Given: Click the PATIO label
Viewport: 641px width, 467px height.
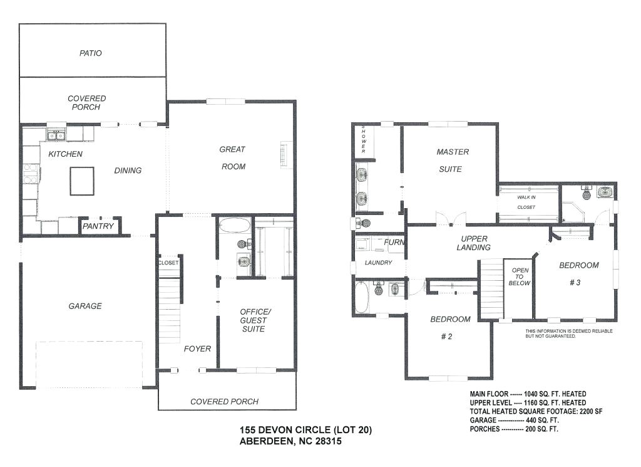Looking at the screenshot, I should tap(91, 53).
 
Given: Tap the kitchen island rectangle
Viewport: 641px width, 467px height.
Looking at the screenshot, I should tap(82, 181).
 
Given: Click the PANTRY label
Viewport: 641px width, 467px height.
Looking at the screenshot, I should tap(99, 226).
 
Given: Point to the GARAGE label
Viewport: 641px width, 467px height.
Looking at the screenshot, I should tap(85, 306).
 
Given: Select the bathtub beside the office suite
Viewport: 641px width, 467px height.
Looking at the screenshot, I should tap(235, 225).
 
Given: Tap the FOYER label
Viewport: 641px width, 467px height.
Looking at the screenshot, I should tap(197, 349).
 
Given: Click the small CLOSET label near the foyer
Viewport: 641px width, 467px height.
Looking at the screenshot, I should tap(168, 263).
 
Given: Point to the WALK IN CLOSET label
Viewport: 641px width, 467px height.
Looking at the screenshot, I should tap(526, 201).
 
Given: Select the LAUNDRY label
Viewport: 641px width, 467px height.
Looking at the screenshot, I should tap(378, 263).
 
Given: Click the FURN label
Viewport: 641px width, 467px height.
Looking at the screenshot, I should tap(394, 242).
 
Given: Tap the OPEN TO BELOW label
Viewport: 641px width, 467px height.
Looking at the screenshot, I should tap(520, 276).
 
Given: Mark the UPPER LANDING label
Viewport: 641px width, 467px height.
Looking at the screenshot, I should tap(474, 243).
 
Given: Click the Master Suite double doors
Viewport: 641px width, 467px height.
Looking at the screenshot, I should tap(451, 219).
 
